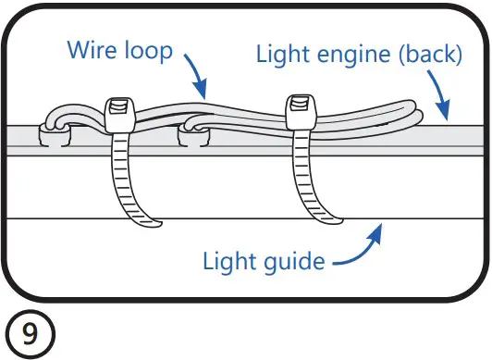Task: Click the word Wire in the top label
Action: pos(91,49)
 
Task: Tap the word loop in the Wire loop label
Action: pos(147,49)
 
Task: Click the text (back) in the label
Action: pos(427,55)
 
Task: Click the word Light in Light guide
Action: pos(228,261)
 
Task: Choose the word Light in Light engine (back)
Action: pos(280,55)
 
